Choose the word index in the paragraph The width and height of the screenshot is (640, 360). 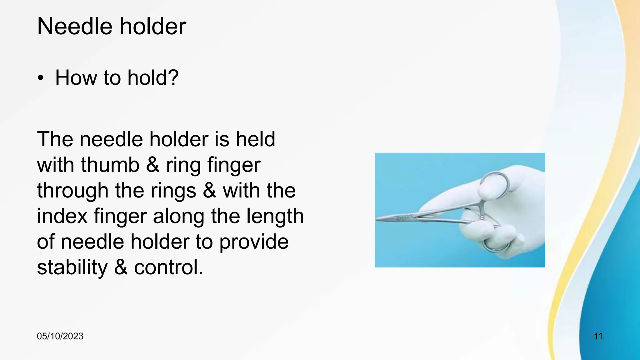(62, 216)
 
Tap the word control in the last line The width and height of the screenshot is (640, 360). (169, 267)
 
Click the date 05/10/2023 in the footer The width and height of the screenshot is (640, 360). (60, 336)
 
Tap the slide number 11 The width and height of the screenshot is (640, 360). (598, 336)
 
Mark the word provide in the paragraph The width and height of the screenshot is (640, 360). (254, 242)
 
